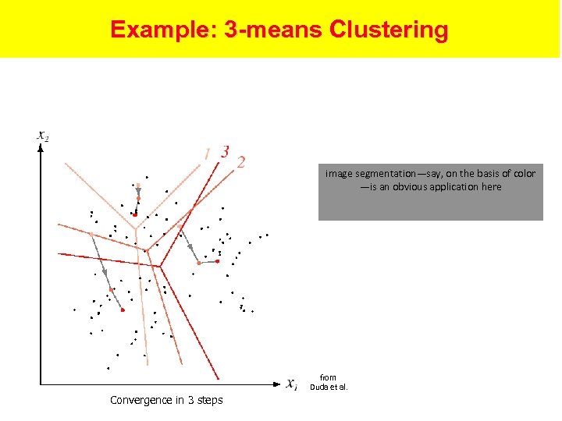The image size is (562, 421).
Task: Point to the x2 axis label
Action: [x=44, y=136]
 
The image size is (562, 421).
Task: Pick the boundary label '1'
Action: [x=207, y=153]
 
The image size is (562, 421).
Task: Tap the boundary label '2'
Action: [x=241, y=162]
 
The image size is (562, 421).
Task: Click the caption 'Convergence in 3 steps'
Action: [x=166, y=400]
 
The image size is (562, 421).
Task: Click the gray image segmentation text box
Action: [x=430, y=193]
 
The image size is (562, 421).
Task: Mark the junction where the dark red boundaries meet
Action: [x=161, y=265]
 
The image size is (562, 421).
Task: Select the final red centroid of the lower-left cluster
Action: [x=123, y=310]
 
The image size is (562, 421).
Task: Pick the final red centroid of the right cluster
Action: [x=218, y=261]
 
